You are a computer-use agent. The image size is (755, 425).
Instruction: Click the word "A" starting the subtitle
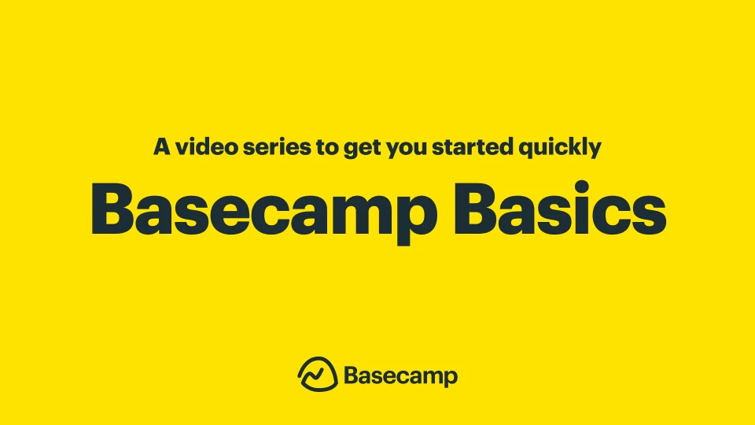click(162, 147)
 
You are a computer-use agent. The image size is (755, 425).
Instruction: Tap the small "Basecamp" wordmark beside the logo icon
click(400, 375)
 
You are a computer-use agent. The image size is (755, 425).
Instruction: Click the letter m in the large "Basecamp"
click(355, 215)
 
